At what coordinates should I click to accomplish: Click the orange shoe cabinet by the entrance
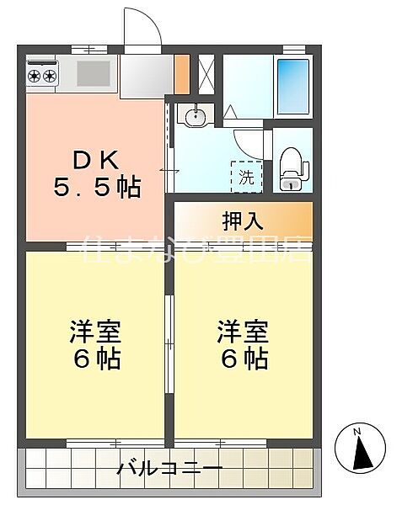181,74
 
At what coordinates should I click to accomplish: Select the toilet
290,167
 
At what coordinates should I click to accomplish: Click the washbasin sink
193,116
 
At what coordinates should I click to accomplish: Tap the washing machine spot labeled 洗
246,177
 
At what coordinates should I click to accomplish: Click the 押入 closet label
243,222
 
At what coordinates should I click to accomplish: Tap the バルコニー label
170,467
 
